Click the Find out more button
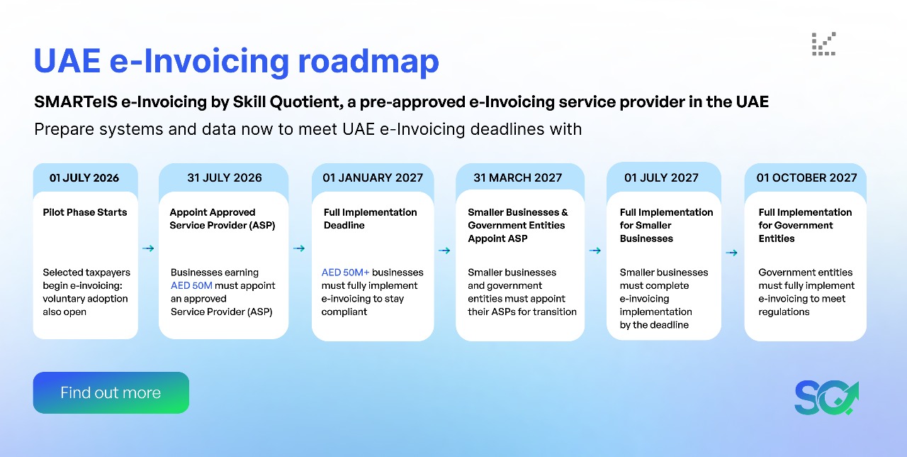click(111, 392)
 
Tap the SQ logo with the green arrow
click(826, 398)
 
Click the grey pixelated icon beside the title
click(823, 44)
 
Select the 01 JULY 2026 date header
click(84, 177)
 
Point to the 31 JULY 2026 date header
click(225, 177)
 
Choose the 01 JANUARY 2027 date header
click(373, 177)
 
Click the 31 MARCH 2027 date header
click(518, 177)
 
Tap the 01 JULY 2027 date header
click(661, 177)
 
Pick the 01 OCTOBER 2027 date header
click(806, 177)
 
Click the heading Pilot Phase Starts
click(85, 212)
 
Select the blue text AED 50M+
click(345, 272)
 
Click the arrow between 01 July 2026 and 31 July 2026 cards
click(148, 248)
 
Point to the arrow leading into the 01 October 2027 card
click(731, 253)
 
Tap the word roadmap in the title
click(368, 62)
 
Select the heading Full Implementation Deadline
click(370, 219)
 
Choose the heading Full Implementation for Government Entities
click(805, 225)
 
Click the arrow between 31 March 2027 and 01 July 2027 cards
click(595, 250)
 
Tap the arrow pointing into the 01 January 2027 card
click(299, 248)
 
